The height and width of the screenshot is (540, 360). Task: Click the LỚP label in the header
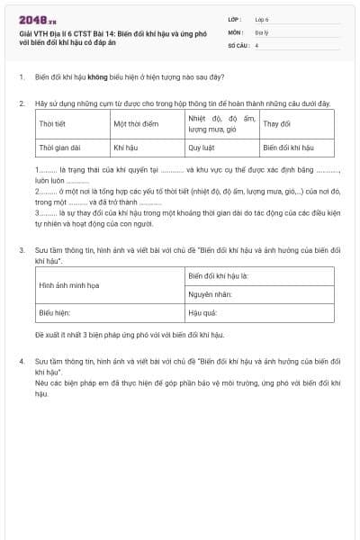pos(235,18)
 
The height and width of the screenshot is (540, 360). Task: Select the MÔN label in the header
pos(236,31)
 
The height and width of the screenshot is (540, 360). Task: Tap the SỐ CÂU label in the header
pos(238,43)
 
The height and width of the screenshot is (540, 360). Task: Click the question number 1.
pos(21,77)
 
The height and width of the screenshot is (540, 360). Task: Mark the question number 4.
pos(21,361)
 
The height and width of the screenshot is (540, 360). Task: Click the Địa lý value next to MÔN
pos(262,31)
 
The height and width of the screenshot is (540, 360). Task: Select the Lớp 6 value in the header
pos(262,18)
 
